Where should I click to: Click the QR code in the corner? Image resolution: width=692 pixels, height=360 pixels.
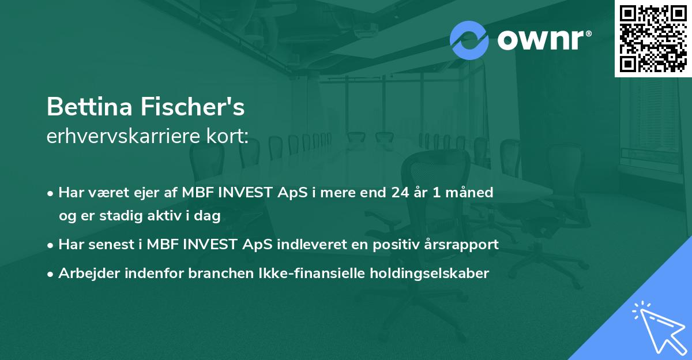pos(653,39)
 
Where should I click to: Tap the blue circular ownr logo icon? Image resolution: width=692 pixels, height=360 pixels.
pos(469,40)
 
